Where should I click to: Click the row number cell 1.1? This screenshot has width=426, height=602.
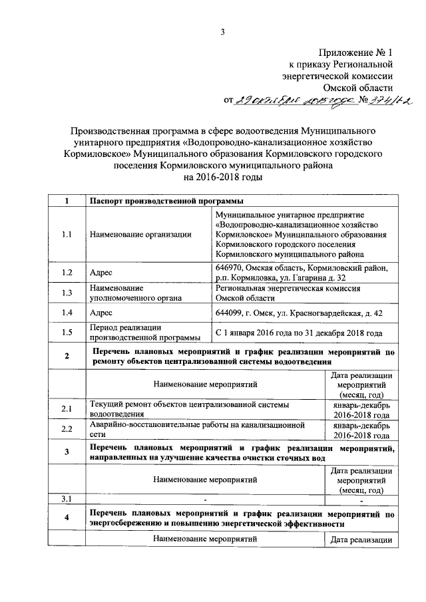coord(66,234)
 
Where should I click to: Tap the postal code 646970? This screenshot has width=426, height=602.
coord(228,267)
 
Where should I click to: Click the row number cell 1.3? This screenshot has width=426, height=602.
coord(66,293)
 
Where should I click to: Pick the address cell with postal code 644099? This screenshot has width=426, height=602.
coord(298,313)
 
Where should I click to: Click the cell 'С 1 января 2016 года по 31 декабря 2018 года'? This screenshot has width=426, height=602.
coord(300,332)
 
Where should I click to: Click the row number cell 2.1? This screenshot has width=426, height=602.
coord(66,408)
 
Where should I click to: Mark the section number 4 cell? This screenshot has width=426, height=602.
coord(66,518)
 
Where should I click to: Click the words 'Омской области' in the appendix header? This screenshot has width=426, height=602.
coord(358,86)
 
